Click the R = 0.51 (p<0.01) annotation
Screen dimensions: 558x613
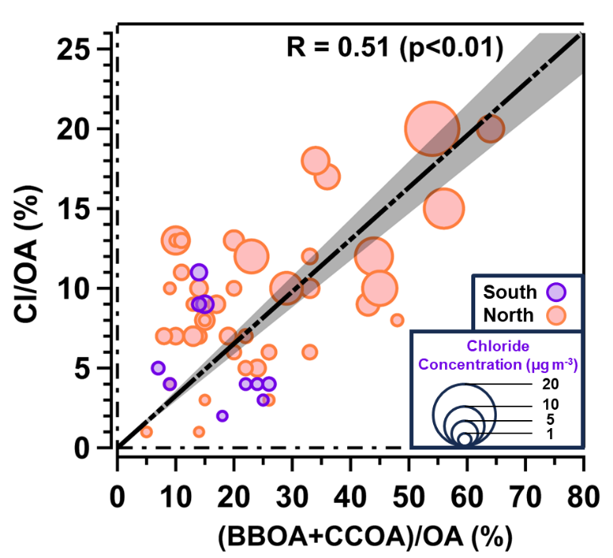point(394,49)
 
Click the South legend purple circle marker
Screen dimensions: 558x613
point(558,292)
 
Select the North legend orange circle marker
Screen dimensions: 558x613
point(558,315)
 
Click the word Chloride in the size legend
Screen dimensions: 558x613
point(498,348)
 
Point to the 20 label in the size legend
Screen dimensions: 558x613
point(544,383)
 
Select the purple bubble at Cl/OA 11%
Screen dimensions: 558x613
point(199,272)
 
